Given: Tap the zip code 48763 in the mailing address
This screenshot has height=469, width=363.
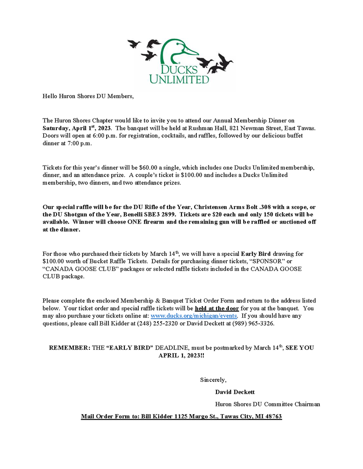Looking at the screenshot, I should [271, 416].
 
